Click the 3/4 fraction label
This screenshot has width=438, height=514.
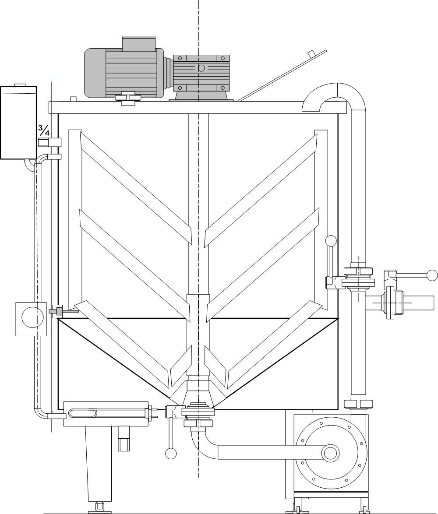click(44, 130)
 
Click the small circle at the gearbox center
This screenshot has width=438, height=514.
click(201, 68)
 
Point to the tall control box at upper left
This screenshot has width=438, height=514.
click(18, 122)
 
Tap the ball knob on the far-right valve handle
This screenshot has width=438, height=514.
click(432, 275)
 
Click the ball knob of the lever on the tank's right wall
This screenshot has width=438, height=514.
click(331, 241)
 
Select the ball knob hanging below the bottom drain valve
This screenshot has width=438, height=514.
click(171, 453)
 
